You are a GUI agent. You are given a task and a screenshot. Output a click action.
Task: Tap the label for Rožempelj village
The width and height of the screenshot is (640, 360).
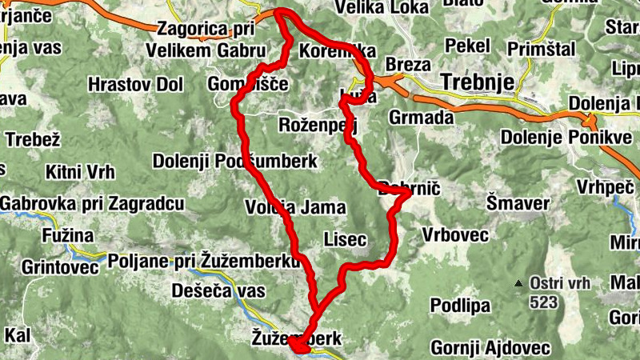tap(317, 125)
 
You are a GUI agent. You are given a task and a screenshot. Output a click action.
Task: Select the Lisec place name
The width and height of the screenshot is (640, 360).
tap(346, 239)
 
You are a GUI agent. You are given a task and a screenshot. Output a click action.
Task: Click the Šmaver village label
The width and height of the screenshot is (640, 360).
tap(518, 203)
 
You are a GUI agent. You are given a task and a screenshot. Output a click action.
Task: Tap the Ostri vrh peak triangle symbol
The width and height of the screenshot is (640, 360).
tap(519, 283)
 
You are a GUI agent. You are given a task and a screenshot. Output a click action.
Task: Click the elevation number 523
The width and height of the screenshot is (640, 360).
tap(543, 303)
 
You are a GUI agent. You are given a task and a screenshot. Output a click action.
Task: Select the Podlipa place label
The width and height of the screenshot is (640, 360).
tap(460, 306)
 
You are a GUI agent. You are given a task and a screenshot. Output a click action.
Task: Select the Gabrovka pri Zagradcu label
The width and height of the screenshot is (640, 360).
tap(92, 204)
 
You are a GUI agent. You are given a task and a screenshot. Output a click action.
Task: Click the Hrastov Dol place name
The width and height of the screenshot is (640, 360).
tap(135, 84)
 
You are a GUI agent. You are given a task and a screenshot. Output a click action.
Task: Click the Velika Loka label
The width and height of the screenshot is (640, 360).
tap(385, 8)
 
